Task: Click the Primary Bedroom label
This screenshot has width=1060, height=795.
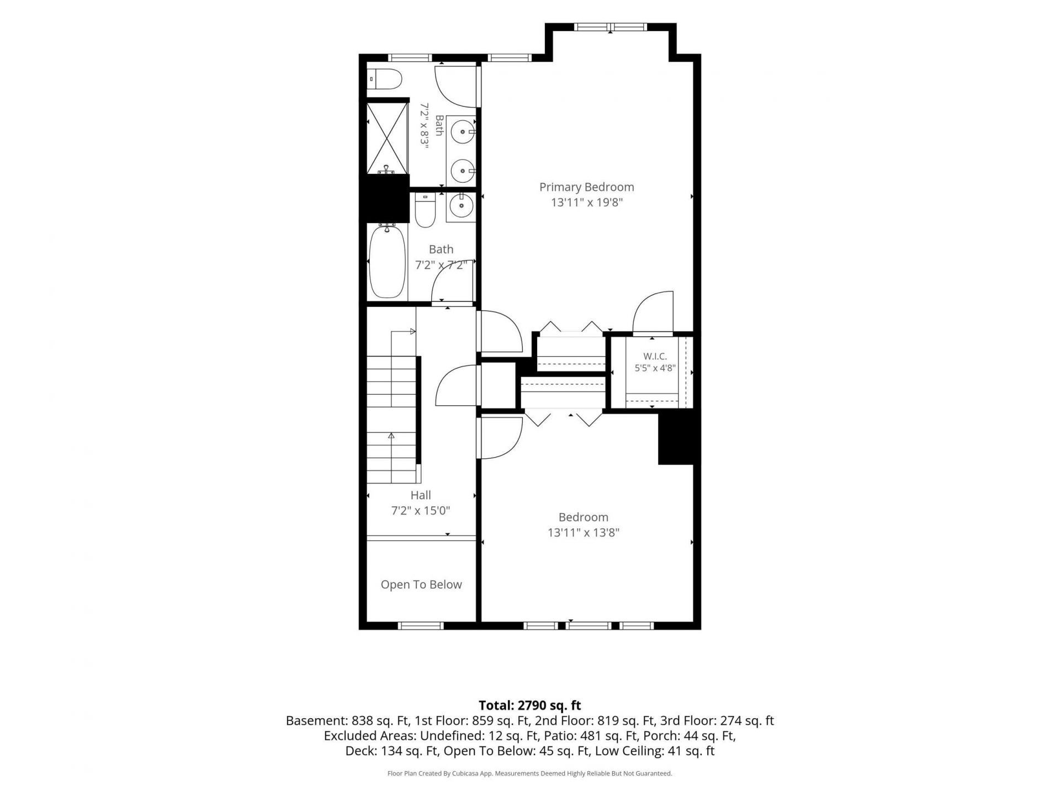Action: (586, 187)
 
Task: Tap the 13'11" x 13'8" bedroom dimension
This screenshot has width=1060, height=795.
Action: (584, 533)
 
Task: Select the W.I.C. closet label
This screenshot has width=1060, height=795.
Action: (655, 357)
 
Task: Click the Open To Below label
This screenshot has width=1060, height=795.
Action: (421, 585)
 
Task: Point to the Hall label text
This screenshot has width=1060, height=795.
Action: (421, 495)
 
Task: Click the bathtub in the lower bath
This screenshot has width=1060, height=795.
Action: (387, 262)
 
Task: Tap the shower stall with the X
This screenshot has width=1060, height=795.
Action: (387, 137)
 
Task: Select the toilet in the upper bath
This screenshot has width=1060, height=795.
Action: (384, 79)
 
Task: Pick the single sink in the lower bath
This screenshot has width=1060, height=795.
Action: (461, 206)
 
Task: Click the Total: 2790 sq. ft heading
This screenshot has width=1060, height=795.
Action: (530, 706)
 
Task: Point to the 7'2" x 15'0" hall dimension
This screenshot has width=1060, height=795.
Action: (421, 511)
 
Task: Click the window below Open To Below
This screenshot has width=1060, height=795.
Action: (421, 626)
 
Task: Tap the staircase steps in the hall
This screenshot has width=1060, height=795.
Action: (391, 420)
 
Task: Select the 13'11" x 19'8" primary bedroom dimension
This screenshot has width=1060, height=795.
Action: (587, 203)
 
